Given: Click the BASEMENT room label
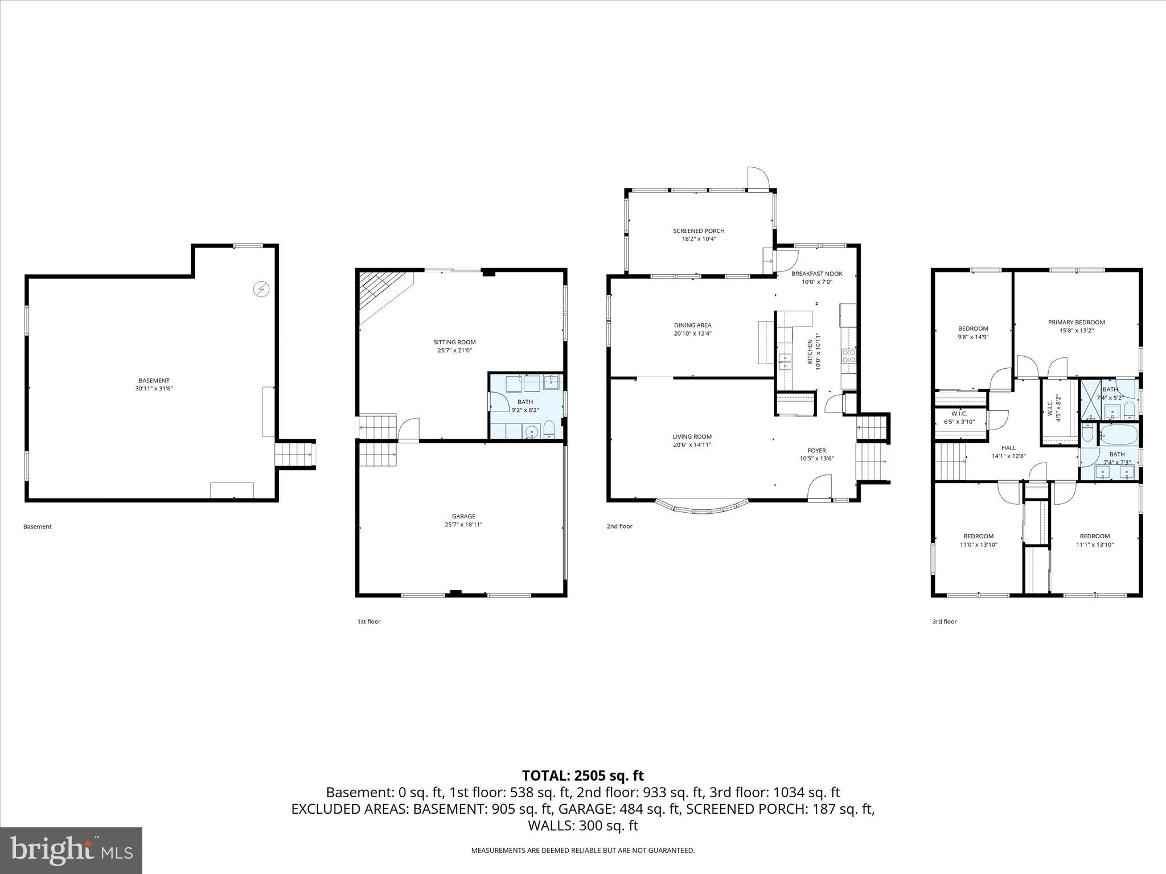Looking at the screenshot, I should pos(154,381).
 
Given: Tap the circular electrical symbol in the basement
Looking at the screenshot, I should pos(261,290).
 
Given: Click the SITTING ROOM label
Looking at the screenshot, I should pos(454,342).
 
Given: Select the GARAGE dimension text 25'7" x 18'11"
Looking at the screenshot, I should pos(463,525).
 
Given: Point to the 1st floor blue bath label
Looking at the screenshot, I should pos(525,402).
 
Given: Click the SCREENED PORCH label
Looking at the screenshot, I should pos(699,231).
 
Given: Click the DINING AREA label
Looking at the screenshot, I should pos(692,325).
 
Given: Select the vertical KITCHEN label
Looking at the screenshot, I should pos(810,352).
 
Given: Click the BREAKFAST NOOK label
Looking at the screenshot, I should pos(816,274).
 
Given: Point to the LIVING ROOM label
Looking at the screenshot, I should pos(692,436).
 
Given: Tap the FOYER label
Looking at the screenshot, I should pos(816,451).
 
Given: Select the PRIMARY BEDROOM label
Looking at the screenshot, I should pos(1076,322).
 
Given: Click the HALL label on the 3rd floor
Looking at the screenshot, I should pos(1008,448).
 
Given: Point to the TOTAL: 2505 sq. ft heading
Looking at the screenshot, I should pos(582,776).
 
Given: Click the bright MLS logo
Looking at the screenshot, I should pos(71,850).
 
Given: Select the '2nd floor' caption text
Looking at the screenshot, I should pos(619,526).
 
